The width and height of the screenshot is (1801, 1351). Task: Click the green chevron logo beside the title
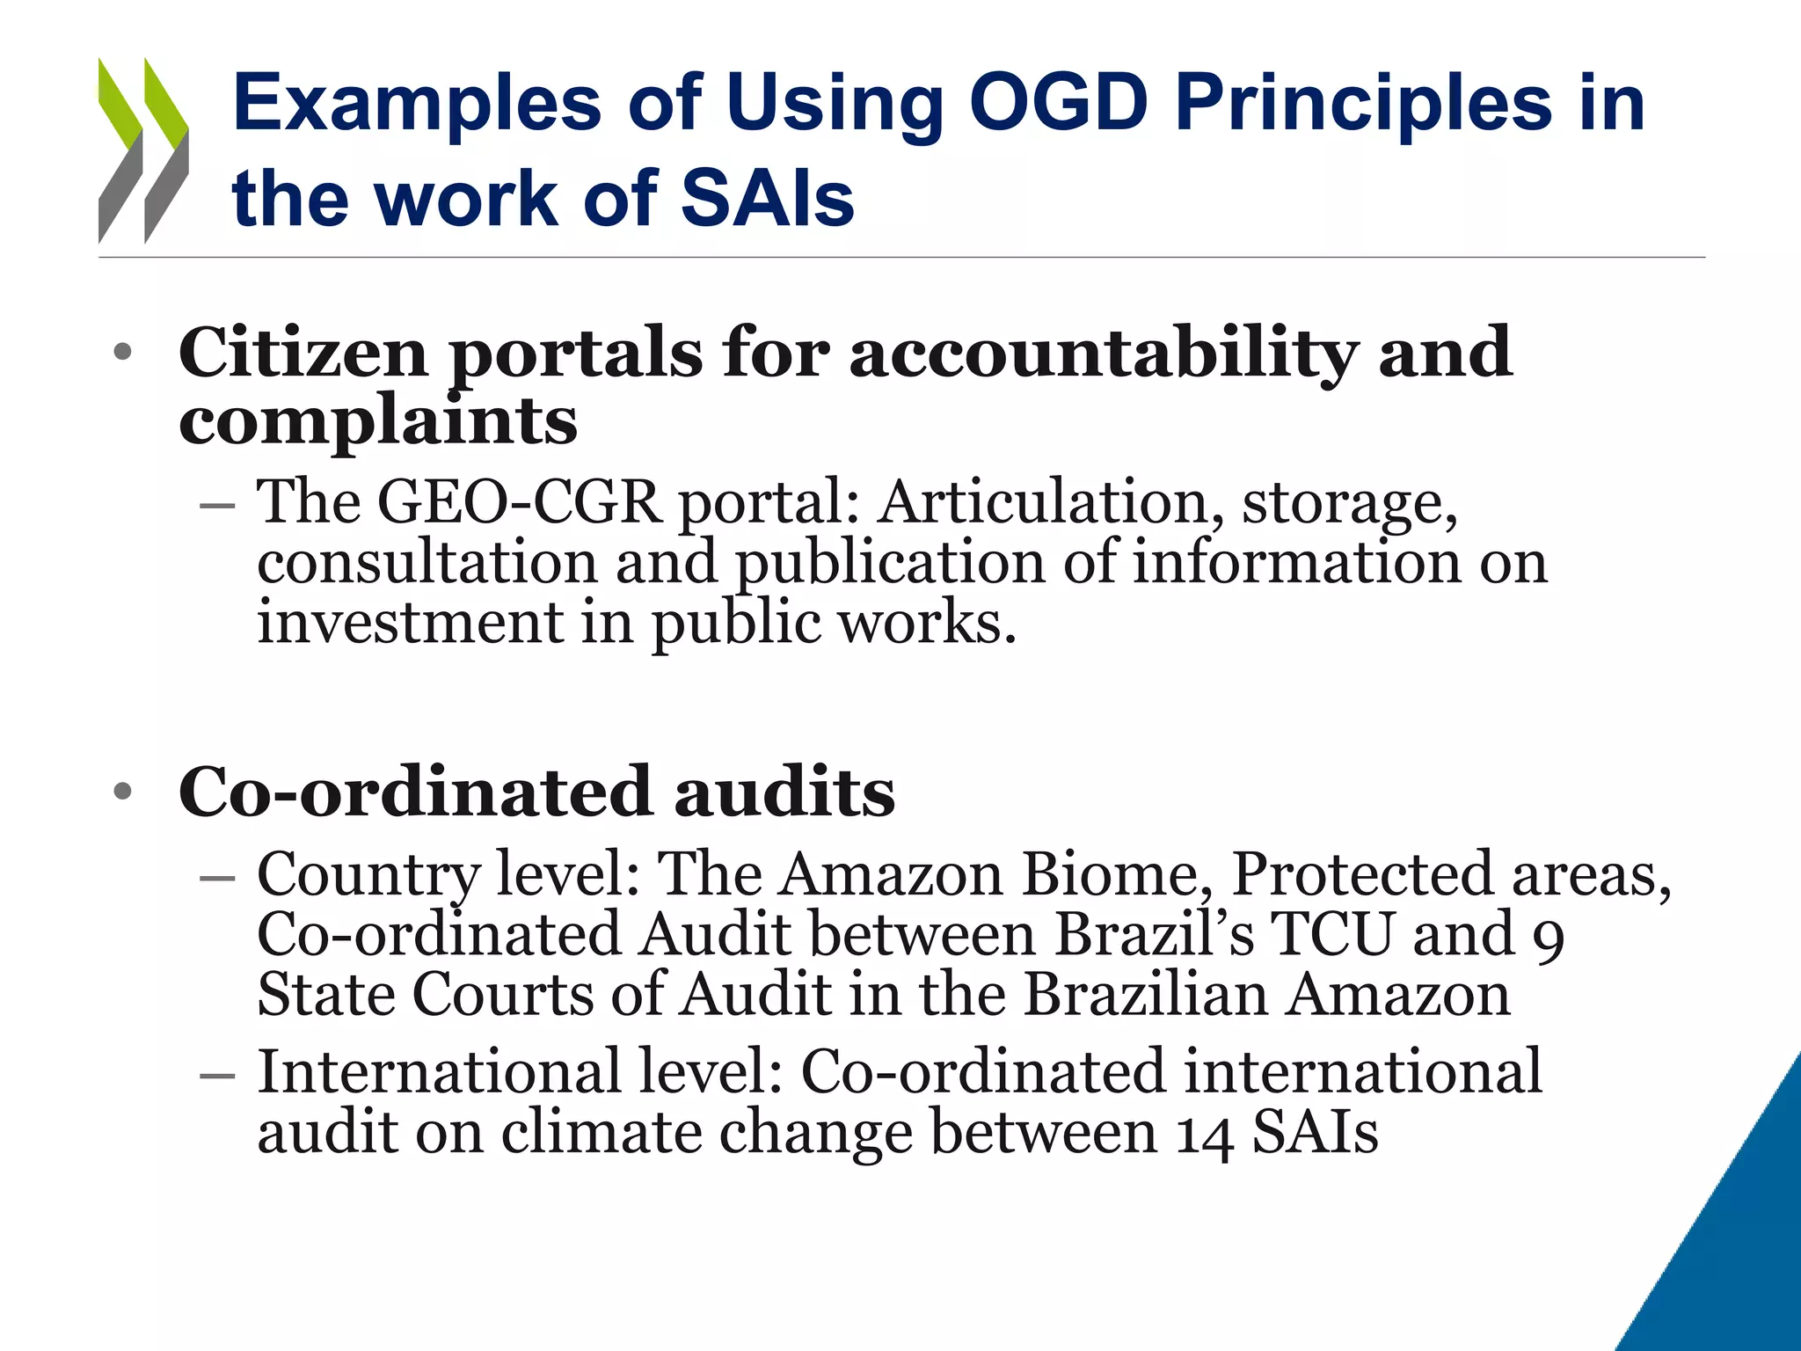[143, 150]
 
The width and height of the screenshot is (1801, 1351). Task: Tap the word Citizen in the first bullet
[303, 353]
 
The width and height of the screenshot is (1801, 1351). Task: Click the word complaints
[378, 420]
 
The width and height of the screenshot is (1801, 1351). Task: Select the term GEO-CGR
[519, 502]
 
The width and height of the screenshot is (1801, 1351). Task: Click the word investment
[409, 622]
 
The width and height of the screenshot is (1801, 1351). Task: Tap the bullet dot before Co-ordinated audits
[122, 792]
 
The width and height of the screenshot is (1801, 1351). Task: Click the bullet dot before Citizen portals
[122, 353]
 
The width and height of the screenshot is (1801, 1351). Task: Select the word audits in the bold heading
[784, 792]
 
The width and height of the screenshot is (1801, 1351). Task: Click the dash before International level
[217, 1075]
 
